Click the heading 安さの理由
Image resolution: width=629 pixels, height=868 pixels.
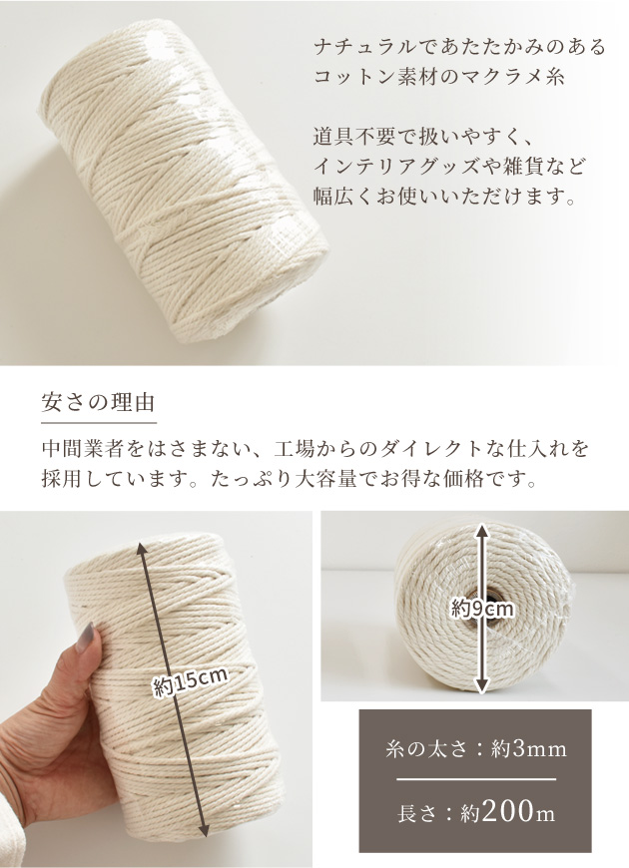point(98,402)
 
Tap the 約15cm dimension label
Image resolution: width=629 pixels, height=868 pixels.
point(191,683)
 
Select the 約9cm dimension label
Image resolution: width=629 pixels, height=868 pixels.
point(482,610)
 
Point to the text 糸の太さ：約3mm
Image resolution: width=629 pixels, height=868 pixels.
point(476,749)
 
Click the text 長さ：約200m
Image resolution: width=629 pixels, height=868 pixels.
point(476,812)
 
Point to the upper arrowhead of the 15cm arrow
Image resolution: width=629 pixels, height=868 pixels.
point(143,550)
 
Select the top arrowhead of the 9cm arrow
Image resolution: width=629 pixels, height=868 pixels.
point(482,531)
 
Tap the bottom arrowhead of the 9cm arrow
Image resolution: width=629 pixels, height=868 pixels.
point(482,684)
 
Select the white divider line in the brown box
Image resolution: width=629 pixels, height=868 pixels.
point(476,779)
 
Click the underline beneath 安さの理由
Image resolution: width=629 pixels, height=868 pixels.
point(99,423)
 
